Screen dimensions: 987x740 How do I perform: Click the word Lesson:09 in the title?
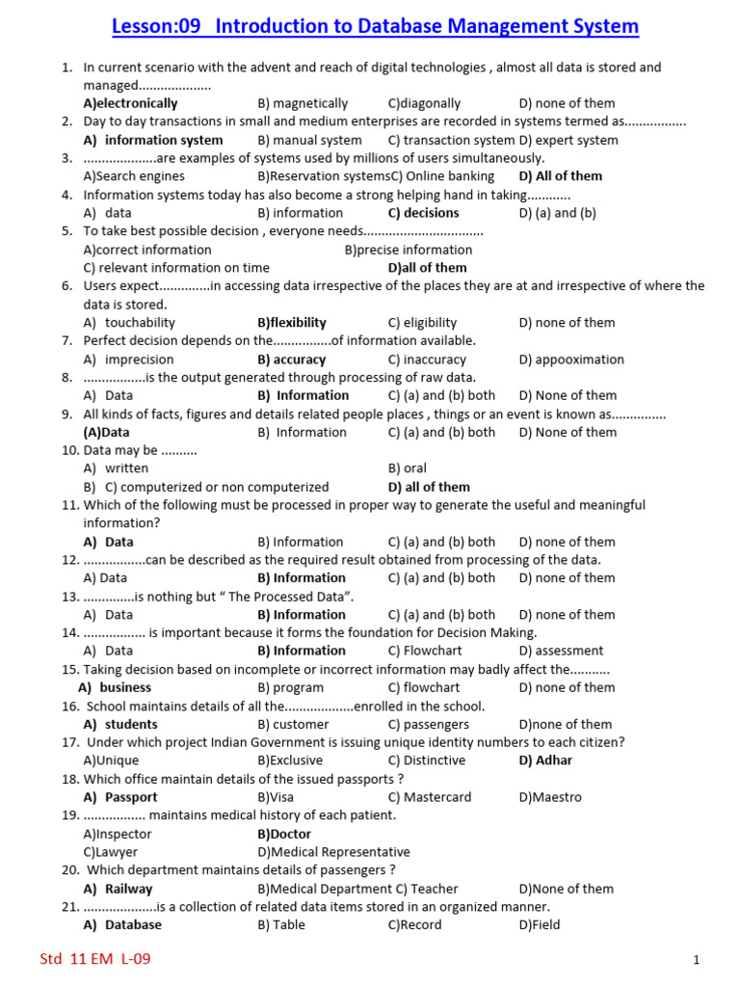[x=155, y=26]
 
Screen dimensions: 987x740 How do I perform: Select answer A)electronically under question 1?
[x=130, y=103]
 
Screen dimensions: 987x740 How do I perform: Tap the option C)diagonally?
[x=424, y=103]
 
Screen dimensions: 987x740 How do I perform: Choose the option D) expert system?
[x=568, y=140]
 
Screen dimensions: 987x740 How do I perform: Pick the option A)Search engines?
[x=134, y=176]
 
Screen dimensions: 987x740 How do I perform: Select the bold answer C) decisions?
[x=423, y=213]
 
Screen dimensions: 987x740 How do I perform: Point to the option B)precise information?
[x=409, y=250]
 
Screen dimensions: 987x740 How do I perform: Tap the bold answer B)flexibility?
[x=292, y=323]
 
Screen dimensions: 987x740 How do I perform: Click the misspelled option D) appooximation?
[x=571, y=360]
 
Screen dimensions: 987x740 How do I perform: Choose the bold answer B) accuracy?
[x=292, y=360]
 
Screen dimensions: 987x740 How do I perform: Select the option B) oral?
[x=407, y=468]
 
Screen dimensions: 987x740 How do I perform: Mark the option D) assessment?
[x=561, y=651]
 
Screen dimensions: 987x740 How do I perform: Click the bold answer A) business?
[x=115, y=687]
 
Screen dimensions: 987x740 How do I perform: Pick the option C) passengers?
[x=429, y=724]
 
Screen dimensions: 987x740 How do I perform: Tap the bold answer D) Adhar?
[x=545, y=760]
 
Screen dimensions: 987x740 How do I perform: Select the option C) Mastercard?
[x=430, y=797]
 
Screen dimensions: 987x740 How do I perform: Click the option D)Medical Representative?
[x=333, y=852]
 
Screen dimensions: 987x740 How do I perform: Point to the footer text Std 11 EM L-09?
[x=94, y=959]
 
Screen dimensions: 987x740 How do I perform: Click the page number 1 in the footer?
[x=695, y=960]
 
